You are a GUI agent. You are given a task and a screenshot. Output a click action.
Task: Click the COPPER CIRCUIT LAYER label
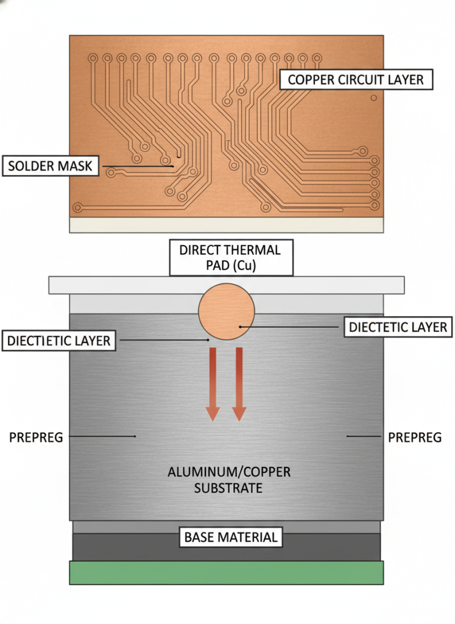pos(356,80)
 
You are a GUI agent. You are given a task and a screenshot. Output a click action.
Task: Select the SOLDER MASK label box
pos(51,166)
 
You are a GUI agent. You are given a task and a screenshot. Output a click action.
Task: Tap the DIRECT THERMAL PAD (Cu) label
pos(230,258)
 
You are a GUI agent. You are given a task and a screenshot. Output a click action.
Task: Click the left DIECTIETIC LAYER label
pos(59,340)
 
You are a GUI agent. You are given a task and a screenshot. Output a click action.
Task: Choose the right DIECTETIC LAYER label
pos(398,327)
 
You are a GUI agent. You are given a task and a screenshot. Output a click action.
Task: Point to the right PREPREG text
pos(415,437)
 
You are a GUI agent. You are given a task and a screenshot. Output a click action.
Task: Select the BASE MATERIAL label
pos(231,537)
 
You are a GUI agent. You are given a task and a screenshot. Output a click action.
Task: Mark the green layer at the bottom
pos(227,572)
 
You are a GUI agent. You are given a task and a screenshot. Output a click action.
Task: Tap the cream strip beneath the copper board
pos(227,225)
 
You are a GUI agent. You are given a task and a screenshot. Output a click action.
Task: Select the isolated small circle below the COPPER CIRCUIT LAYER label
pos(374,97)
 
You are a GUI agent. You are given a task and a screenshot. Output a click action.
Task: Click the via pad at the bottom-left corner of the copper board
pos(77,208)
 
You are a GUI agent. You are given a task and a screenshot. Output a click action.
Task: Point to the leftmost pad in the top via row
pos(93,58)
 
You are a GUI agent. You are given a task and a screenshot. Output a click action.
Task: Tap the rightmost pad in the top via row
pos(316,58)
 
